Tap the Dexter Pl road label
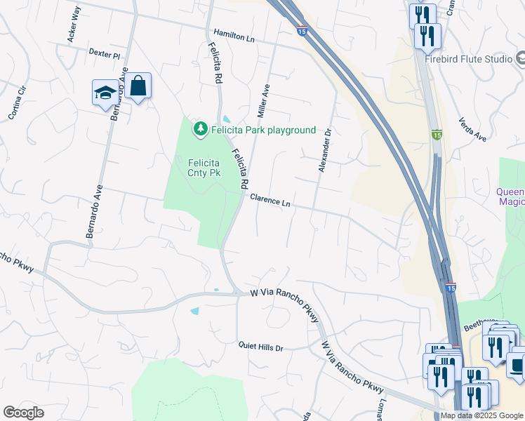(105, 53)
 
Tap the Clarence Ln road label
(270, 201)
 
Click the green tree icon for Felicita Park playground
(201, 129)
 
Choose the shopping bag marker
(138, 86)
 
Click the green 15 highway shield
(437, 134)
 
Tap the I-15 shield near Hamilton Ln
(302, 31)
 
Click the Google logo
(23, 413)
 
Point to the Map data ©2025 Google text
(481, 415)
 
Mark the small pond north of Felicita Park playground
(226, 119)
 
